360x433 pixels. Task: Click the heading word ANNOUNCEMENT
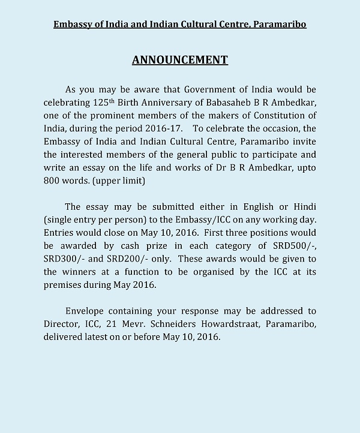179,60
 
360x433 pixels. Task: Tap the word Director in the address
62,324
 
